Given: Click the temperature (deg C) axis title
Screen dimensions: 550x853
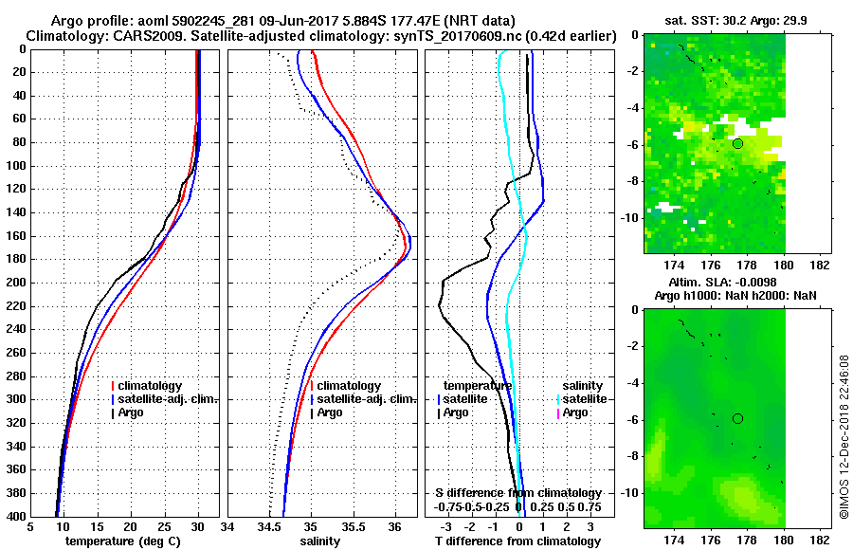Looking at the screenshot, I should [122, 541].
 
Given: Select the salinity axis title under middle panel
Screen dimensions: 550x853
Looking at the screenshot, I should [320, 541].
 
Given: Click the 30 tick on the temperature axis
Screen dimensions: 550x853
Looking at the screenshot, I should [198, 526].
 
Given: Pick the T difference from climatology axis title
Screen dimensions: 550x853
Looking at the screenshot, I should [517, 541].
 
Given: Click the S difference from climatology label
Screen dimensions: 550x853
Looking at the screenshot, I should [517, 493].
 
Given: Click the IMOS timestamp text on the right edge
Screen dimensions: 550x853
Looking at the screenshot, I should [844, 436].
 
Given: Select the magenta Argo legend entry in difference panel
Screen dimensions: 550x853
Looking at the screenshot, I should [575, 412].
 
